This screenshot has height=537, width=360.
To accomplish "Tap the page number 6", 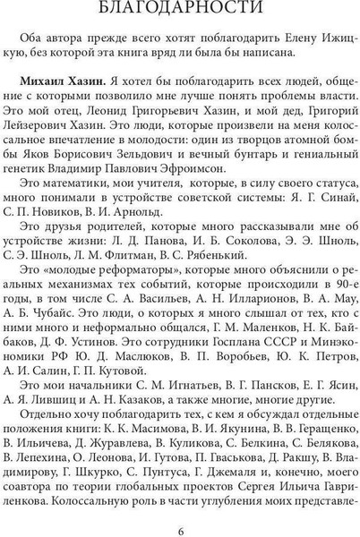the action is [180, 524].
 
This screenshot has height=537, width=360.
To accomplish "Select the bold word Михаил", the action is [52, 96].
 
